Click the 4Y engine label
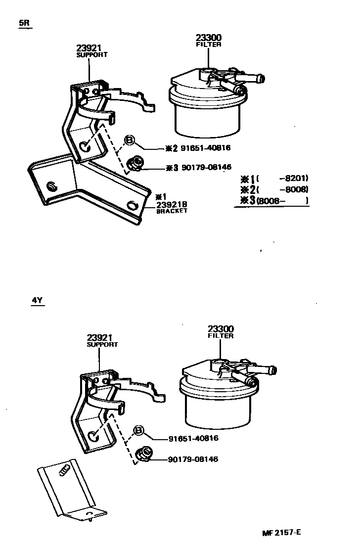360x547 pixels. pyautogui.click(x=38, y=300)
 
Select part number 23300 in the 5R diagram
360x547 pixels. pyautogui.click(x=208, y=38)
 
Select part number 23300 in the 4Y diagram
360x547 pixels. pyautogui.click(x=221, y=329)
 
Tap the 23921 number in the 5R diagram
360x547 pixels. pyautogui.click(x=89, y=48)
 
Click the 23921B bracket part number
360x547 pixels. pyautogui.click(x=173, y=205)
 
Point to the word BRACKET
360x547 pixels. pyautogui.click(x=172, y=211)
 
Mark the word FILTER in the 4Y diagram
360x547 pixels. pyautogui.click(x=221, y=336)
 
